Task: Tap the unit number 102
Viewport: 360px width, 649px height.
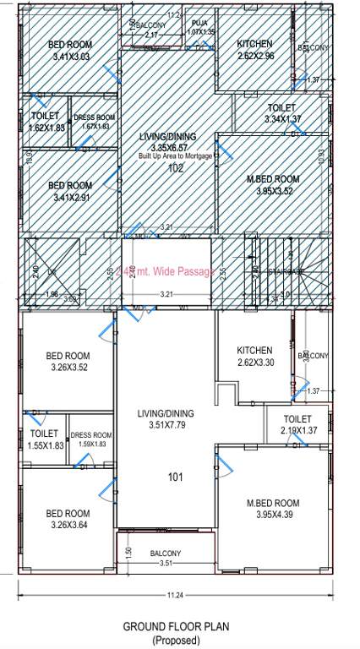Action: (176, 169)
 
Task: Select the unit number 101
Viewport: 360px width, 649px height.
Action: (175, 477)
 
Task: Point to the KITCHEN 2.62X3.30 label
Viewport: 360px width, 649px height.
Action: (254, 357)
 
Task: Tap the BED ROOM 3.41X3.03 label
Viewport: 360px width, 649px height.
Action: (69, 51)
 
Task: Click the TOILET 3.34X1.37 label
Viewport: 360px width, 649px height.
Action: (281, 114)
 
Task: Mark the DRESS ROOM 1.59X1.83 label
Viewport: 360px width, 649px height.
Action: (91, 439)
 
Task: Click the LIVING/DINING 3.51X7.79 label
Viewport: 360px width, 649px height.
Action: (166, 419)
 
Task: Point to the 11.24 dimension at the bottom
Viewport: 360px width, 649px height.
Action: (175, 596)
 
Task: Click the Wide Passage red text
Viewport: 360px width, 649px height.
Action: (166, 272)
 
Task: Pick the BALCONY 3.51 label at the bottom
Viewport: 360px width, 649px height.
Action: (166, 559)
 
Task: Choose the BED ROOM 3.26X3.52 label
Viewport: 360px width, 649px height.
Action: (68, 362)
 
